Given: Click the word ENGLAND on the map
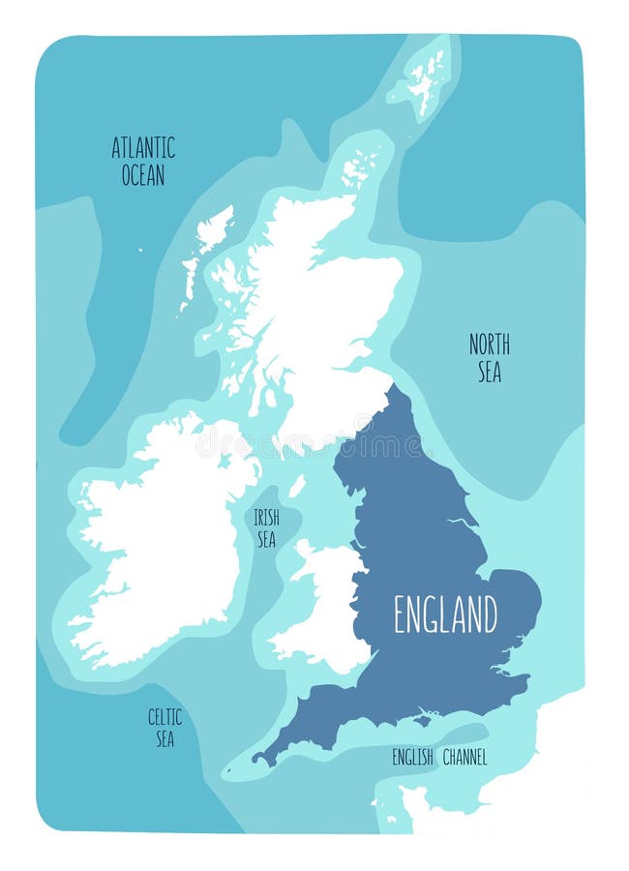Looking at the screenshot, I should (445, 614).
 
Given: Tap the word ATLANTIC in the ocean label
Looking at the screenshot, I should (143, 148).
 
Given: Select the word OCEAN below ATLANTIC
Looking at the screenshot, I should (143, 175).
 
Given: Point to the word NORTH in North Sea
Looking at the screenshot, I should (490, 344).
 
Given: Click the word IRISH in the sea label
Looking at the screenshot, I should (266, 518).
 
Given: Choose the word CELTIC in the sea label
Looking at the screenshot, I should (165, 717).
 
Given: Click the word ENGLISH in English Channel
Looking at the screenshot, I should (411, 758).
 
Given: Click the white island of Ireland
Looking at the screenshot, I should (160, 542).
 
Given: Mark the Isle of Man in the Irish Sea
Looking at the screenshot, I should (297, 485).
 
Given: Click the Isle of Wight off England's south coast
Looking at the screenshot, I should (422, 719).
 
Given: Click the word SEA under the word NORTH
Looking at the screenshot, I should (490, 371).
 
